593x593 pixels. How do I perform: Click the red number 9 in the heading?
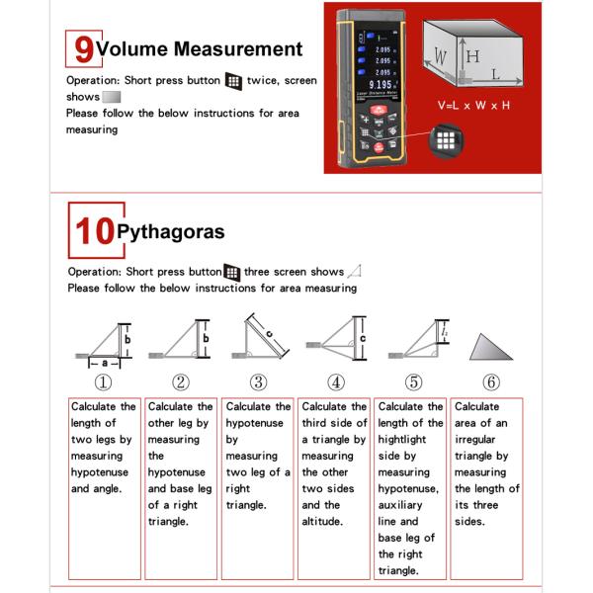(83, 47)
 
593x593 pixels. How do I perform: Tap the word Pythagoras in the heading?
(170, 232)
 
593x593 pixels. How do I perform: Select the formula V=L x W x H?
(473, 104)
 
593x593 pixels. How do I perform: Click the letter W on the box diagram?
(439, 56)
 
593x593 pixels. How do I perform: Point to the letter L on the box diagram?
(494, 74)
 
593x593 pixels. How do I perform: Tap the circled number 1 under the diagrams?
(103, 382)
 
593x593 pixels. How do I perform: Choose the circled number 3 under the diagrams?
(258, 382)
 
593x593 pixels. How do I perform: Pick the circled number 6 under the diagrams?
(491, 382)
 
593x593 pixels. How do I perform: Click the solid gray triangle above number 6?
(490, 347)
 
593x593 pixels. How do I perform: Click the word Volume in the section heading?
(133, 48)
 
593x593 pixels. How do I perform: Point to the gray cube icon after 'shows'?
(112, 97)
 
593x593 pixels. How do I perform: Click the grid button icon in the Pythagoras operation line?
(232, 272)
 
